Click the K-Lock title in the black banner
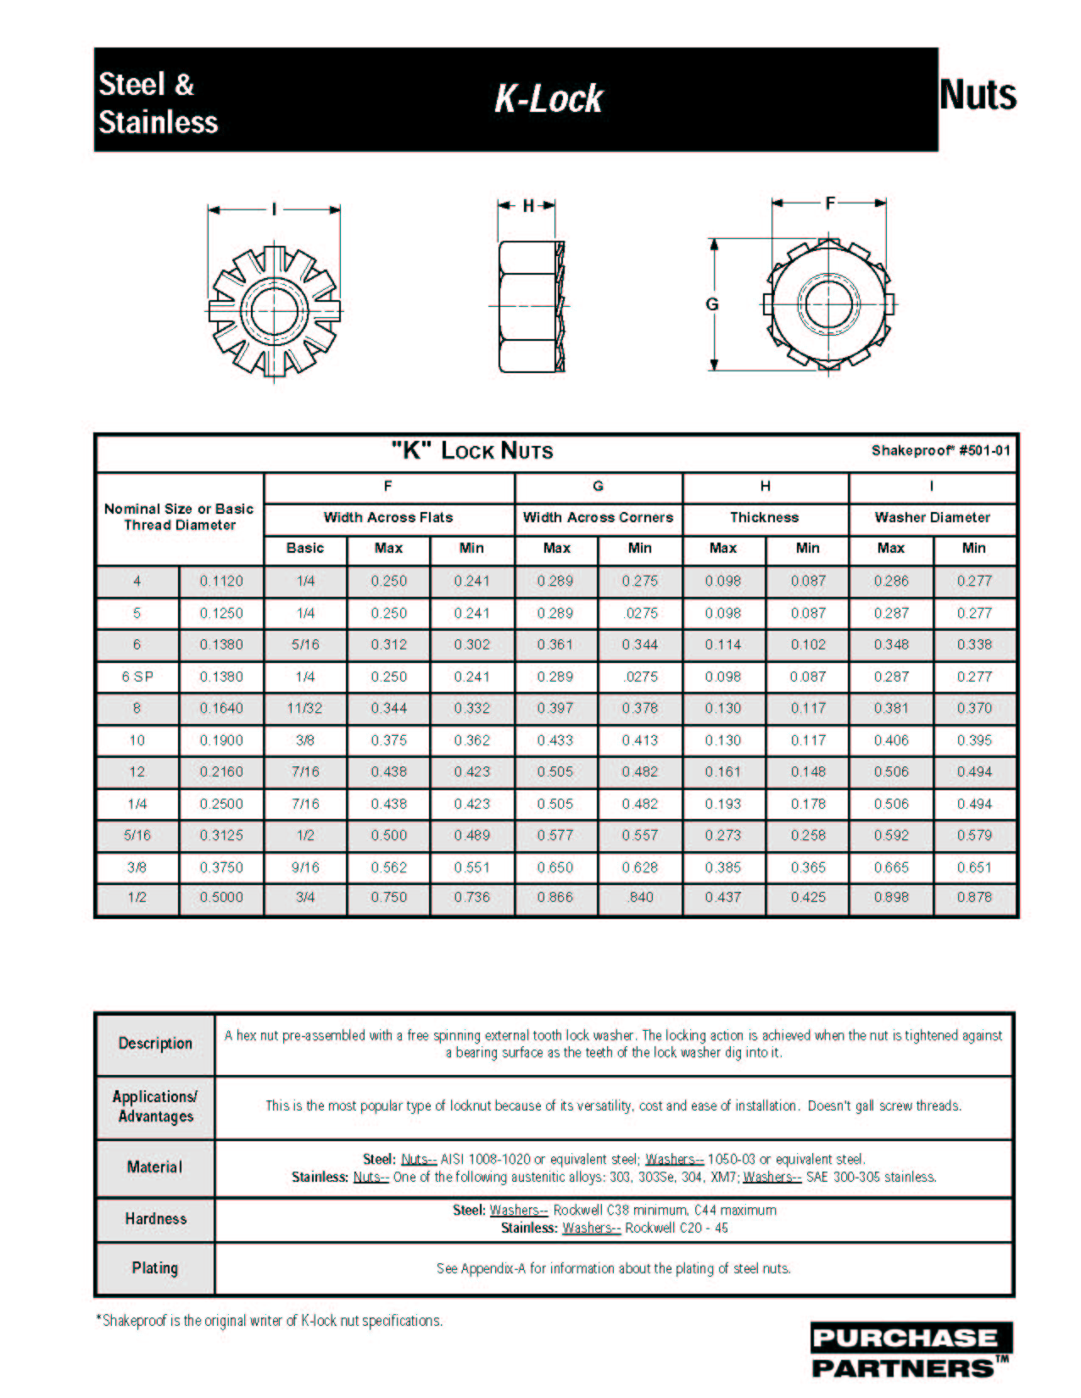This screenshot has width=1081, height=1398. coord(549,99)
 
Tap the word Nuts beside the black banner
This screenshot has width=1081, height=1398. coord(978,95)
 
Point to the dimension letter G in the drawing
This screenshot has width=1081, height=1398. coord(712,304)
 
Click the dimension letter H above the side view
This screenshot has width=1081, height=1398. coord(528,206)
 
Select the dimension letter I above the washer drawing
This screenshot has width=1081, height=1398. coord(274,209)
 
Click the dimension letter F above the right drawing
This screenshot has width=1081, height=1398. coord(830,203)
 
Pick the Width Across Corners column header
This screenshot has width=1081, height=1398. coord(598,517)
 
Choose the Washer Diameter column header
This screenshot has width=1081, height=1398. coord(932,517)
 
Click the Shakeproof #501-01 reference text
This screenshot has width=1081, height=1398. coord(940,451)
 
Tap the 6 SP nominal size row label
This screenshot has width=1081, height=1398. coord(137,677)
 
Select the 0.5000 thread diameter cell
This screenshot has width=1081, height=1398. coord(221,897)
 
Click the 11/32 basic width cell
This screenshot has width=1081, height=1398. coord(305,708)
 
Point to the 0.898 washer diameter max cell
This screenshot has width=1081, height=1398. coord(891,897)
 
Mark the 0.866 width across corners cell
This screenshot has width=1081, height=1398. coord(555,897)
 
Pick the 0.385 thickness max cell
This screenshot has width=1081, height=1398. coord(723,867)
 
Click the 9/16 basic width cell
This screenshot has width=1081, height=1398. coord(305,867)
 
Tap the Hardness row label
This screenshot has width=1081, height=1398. coord(155,1219)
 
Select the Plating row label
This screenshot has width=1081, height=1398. coord(155,1268)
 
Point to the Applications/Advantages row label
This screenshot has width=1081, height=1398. coord(155,1106)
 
